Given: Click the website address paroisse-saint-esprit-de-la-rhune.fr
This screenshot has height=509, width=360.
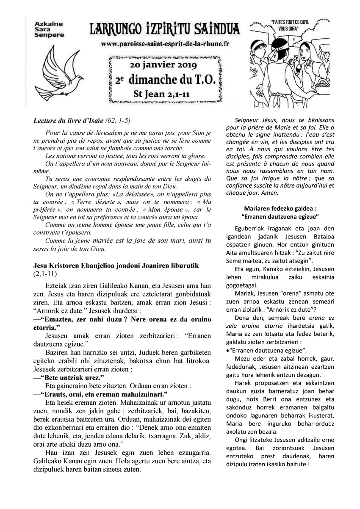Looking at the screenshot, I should [x=165, y=44].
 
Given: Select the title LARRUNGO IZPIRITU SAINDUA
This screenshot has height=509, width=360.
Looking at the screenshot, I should [x=165, y=29].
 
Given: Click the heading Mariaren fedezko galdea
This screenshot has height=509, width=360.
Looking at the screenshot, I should [x=281, y=208].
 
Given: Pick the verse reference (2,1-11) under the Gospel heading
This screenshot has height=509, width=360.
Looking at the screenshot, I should [x=44, y=274].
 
